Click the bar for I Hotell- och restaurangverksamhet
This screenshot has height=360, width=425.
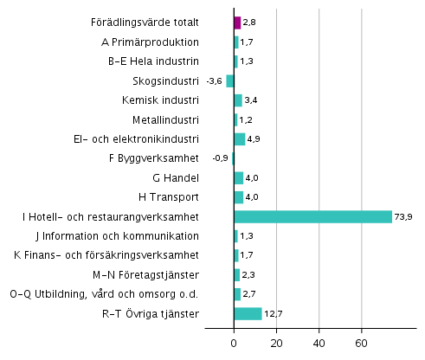tap(313, 216)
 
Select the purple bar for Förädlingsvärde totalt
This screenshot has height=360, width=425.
tap(237, 22)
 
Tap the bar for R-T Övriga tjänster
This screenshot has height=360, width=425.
tap(248, 313)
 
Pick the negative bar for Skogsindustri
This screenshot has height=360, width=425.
tap(230, 80)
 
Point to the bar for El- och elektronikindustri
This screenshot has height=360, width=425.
tap(240, 138)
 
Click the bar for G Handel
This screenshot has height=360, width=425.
tap(239, 177)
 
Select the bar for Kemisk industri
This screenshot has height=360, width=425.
tap(238, 100)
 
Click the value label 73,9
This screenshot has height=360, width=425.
tap(405, 216)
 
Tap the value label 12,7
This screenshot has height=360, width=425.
tap(274, 313)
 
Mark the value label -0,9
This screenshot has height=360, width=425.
tap(221, 158)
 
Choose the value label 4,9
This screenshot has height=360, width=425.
tap(254, 138)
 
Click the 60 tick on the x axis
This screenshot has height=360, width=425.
tap(361, 343)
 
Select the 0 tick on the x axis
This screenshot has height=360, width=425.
tap(235, 343)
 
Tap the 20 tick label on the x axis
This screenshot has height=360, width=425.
tap(277, 343)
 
